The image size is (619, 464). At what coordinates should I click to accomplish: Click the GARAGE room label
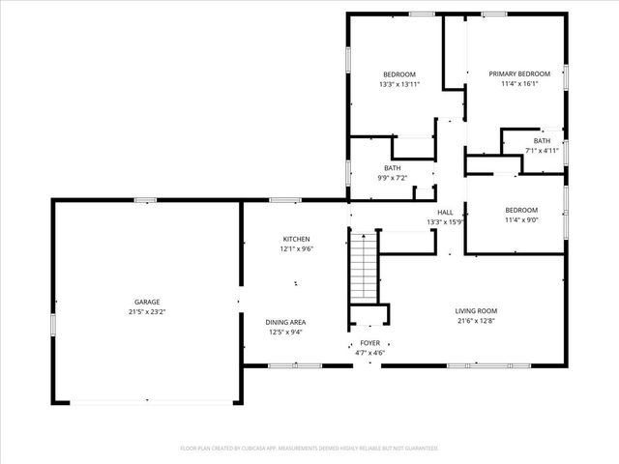click(146, 302)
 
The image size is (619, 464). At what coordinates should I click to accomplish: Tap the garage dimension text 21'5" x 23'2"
click(146, 312)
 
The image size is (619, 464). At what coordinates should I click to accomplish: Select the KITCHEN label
click(296, 239)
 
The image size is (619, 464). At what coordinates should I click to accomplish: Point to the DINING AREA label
click(286, 322)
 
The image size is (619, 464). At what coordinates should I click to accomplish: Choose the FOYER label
click(370, 343)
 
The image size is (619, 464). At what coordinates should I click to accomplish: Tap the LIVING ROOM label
click(476, 310)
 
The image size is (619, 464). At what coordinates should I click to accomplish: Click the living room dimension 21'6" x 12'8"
click(476, 321)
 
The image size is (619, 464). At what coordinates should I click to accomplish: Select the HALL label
click(445, 212)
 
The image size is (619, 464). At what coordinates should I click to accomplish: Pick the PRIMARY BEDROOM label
click(519, 73)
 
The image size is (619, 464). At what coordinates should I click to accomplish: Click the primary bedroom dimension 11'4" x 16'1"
click(519, 84)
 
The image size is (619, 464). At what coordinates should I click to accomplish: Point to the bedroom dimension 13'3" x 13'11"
click(398, 84)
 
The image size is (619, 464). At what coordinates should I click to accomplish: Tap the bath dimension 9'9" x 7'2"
click(392, 178)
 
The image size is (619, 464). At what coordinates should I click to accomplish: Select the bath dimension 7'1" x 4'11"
click(542, 150)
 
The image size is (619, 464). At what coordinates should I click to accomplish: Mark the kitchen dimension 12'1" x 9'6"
click(296, 248)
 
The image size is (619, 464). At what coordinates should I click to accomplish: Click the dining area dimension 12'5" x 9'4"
click(286, 333)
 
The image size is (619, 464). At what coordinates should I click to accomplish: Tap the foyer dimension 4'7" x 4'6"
click(370, 353)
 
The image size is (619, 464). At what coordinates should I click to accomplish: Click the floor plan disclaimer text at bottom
click(309, 448)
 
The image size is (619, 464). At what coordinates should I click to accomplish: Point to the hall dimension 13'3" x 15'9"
click(445, 221)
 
